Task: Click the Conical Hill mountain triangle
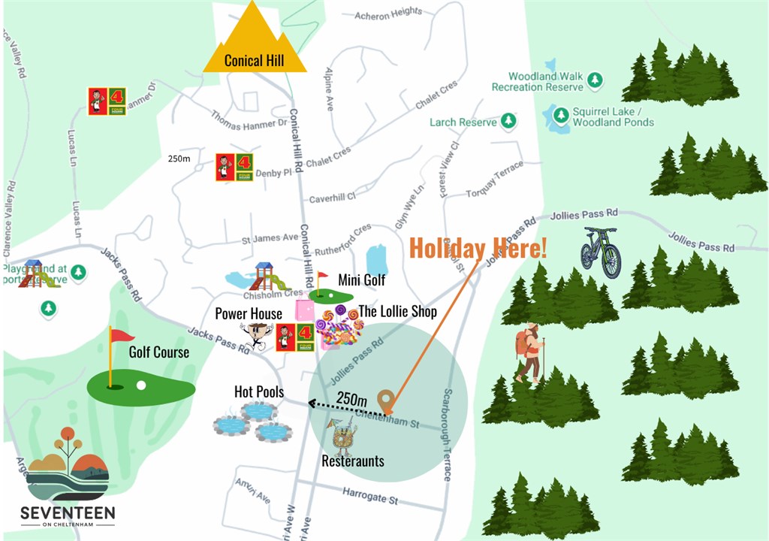(x=255, y=41)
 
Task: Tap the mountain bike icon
(x=601, y=252)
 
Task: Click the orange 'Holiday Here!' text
(x=478, y=248)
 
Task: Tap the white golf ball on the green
(x=141, y=385)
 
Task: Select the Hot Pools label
(x=259, y=391)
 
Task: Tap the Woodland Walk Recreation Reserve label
(x=538, y=81)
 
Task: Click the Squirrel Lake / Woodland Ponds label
(x=613, y=116)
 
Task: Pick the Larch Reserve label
(x=463, y=122)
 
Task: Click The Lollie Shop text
(x=397, y=311)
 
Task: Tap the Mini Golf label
(x=361, y=280)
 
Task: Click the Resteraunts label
(x=353, y=461)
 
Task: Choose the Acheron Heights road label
(x=388, y=13)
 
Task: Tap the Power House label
(x=249, y=313)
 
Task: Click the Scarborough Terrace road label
(x=448, y=436)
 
